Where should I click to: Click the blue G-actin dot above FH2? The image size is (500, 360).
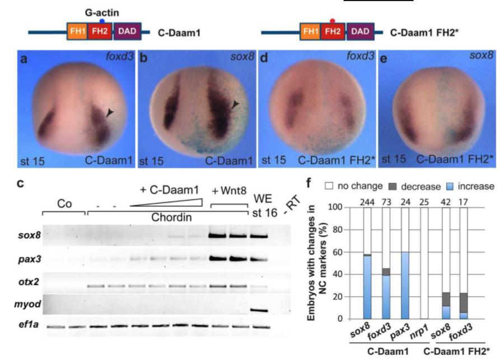102,20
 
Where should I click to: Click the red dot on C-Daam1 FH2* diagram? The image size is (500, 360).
332,20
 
